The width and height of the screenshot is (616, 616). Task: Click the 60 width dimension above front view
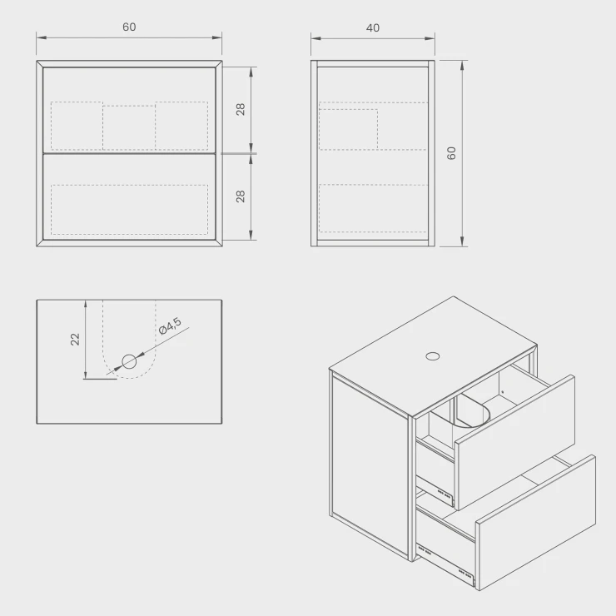129,27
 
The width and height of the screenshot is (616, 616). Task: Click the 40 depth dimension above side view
373,28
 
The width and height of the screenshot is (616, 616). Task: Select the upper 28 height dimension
241,109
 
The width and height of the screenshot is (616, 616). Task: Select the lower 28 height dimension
241,196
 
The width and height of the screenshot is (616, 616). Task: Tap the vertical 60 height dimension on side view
451,153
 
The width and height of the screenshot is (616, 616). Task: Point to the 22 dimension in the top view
75,339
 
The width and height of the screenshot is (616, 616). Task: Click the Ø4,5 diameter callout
170,326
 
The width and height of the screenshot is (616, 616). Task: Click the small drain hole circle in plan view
129,361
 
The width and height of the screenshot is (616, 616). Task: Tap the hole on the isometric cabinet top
433,356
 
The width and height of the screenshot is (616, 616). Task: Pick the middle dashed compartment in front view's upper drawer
129,127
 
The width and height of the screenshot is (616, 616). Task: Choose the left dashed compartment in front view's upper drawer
77,126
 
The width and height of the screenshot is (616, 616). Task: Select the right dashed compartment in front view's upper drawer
181,126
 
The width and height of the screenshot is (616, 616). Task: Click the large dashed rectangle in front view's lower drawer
129,210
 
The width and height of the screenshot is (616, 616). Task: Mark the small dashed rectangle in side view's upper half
349,129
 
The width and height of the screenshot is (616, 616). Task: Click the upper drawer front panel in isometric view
515,443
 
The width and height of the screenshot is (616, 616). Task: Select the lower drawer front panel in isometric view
536,523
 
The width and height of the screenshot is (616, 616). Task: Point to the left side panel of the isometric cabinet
370,465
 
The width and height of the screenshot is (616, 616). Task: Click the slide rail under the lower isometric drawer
446,562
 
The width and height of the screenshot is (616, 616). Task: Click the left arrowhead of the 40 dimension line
315,38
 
